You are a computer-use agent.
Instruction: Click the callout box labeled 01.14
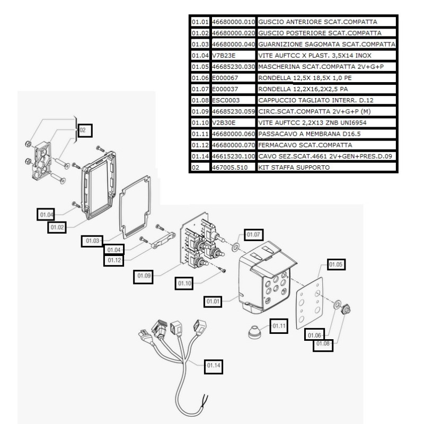pos(214,365)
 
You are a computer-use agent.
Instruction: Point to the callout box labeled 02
pos(85,129)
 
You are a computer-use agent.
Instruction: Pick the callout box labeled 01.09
pos(144,276)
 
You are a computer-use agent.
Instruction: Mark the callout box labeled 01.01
pos(214,302)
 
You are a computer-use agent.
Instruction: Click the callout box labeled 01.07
pos(253,234)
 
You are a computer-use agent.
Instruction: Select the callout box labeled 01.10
pos(184,284)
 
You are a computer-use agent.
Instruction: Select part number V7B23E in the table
pos(233,55)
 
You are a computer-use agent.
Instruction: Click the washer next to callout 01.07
pos(234,246)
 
